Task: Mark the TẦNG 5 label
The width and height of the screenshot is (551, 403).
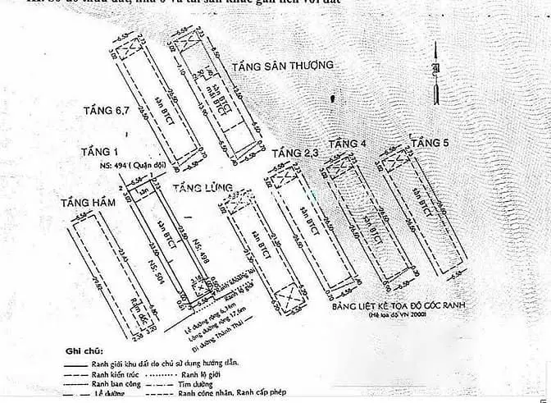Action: [430, 144]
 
